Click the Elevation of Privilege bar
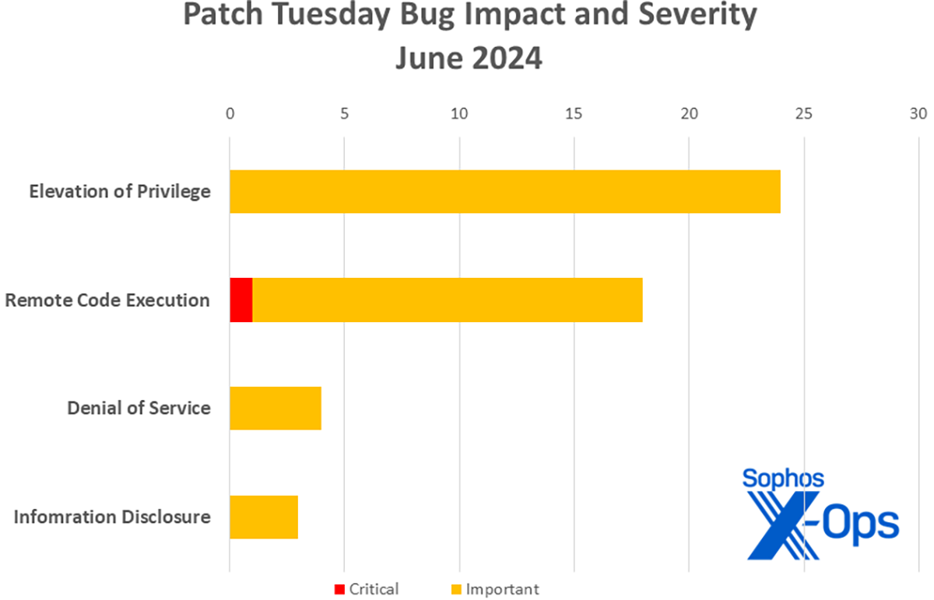[505, 191]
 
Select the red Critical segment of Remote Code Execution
[241, 300]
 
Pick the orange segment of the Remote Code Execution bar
[448, 300]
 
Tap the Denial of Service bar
[276, 409]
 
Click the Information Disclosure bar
[264, 517]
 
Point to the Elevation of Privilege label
[120, 191]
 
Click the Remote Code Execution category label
[107, 300]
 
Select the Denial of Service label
[139, 409]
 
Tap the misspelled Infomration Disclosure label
[112, 517]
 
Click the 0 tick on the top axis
[230, 114]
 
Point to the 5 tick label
[344, 114]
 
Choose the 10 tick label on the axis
[459, 114]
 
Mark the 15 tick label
[574, 114]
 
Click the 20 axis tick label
[690, 114]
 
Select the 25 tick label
[804, 114]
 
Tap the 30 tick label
[918, 114]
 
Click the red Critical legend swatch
[339, 590]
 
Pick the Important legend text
[503, 590]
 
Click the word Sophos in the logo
[783, 479]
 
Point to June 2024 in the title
[469, 58]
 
